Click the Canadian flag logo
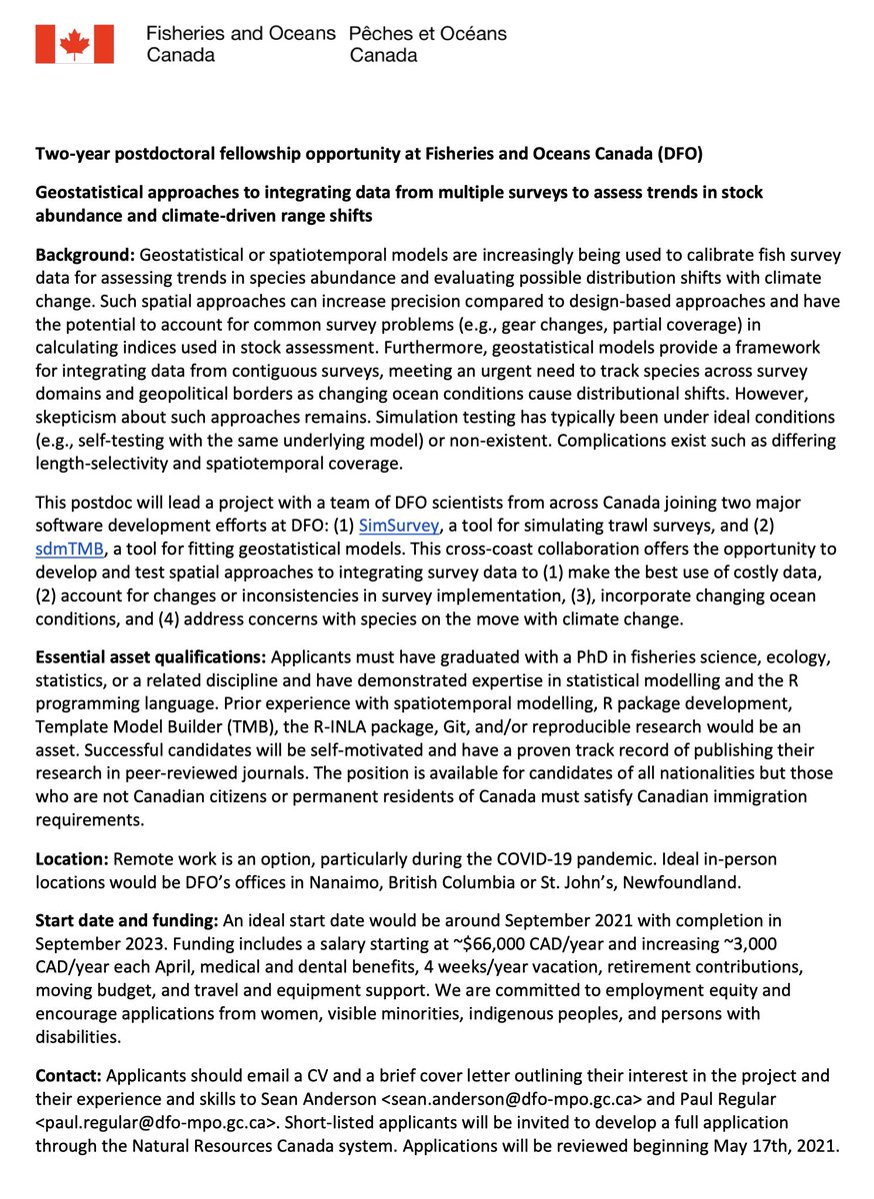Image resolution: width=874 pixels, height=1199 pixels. pos(75,44)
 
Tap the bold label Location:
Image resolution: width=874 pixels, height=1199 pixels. pos(71,859)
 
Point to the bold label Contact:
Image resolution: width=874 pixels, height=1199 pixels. pos(68,1076)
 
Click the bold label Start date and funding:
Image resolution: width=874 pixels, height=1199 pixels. pos(123,919)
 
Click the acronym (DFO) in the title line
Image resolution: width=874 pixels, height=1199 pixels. pos(659,156)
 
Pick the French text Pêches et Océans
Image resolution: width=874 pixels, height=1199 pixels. pos(427,33)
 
